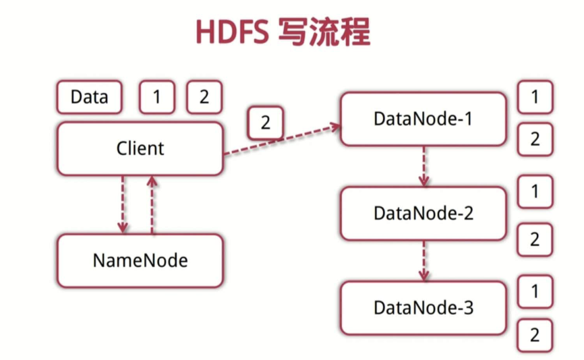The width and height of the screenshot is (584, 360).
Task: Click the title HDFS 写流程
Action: pyautogui.click(x=283, y=32)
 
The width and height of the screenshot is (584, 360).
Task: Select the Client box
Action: pyautogui.click(x=140, y=148)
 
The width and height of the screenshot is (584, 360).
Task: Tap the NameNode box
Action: pyautogui.click(x=140, y=260)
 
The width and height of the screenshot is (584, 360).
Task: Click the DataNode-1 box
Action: pyautogui.click(x=423, y=119)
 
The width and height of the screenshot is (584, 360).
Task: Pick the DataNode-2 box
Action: pyautogui.click(x=423, y=213)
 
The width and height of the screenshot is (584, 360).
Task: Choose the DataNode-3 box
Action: pyautogui.click(x=423, y=308)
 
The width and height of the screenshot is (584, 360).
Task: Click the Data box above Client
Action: pyautogui.click(x=89, y=97)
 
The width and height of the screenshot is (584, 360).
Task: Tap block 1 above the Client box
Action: pyautogui.click(x=156, y=97)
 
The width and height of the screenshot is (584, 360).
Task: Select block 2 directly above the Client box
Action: pyautogui.click(x=204, y=97)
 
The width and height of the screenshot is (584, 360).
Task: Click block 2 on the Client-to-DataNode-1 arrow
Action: pyautogui.click(x=265, y=123)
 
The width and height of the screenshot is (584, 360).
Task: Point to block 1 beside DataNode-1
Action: pyautogui.click(x=535, y=97)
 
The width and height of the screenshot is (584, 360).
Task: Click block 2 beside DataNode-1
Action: pyautogui.click(x=535, y=140)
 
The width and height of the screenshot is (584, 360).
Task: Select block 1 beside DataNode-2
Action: pyautogui.click(x=535, y=192)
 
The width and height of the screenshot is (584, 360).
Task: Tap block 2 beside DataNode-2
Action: pyautogui.click(x=535, y=239)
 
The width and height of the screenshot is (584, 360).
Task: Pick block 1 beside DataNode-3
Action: pyautogui.click(x=535, y=291)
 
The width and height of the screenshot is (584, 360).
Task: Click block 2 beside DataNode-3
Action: pyautogui.click(x=535, y=335)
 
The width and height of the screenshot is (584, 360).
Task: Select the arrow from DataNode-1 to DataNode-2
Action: pyautogui.click(x=423, y=166)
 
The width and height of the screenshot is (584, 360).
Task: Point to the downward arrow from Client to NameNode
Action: pyautogui.click(x=123, y=204)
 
